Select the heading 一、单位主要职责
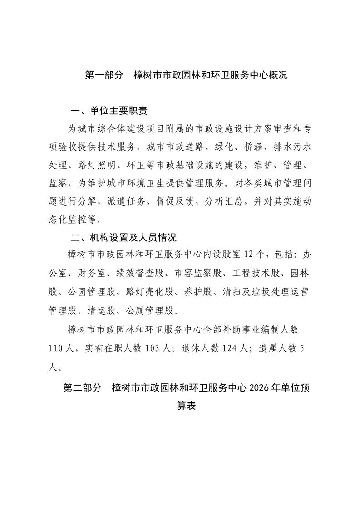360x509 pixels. click(109, 111)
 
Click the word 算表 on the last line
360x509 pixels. click(186, 406)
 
